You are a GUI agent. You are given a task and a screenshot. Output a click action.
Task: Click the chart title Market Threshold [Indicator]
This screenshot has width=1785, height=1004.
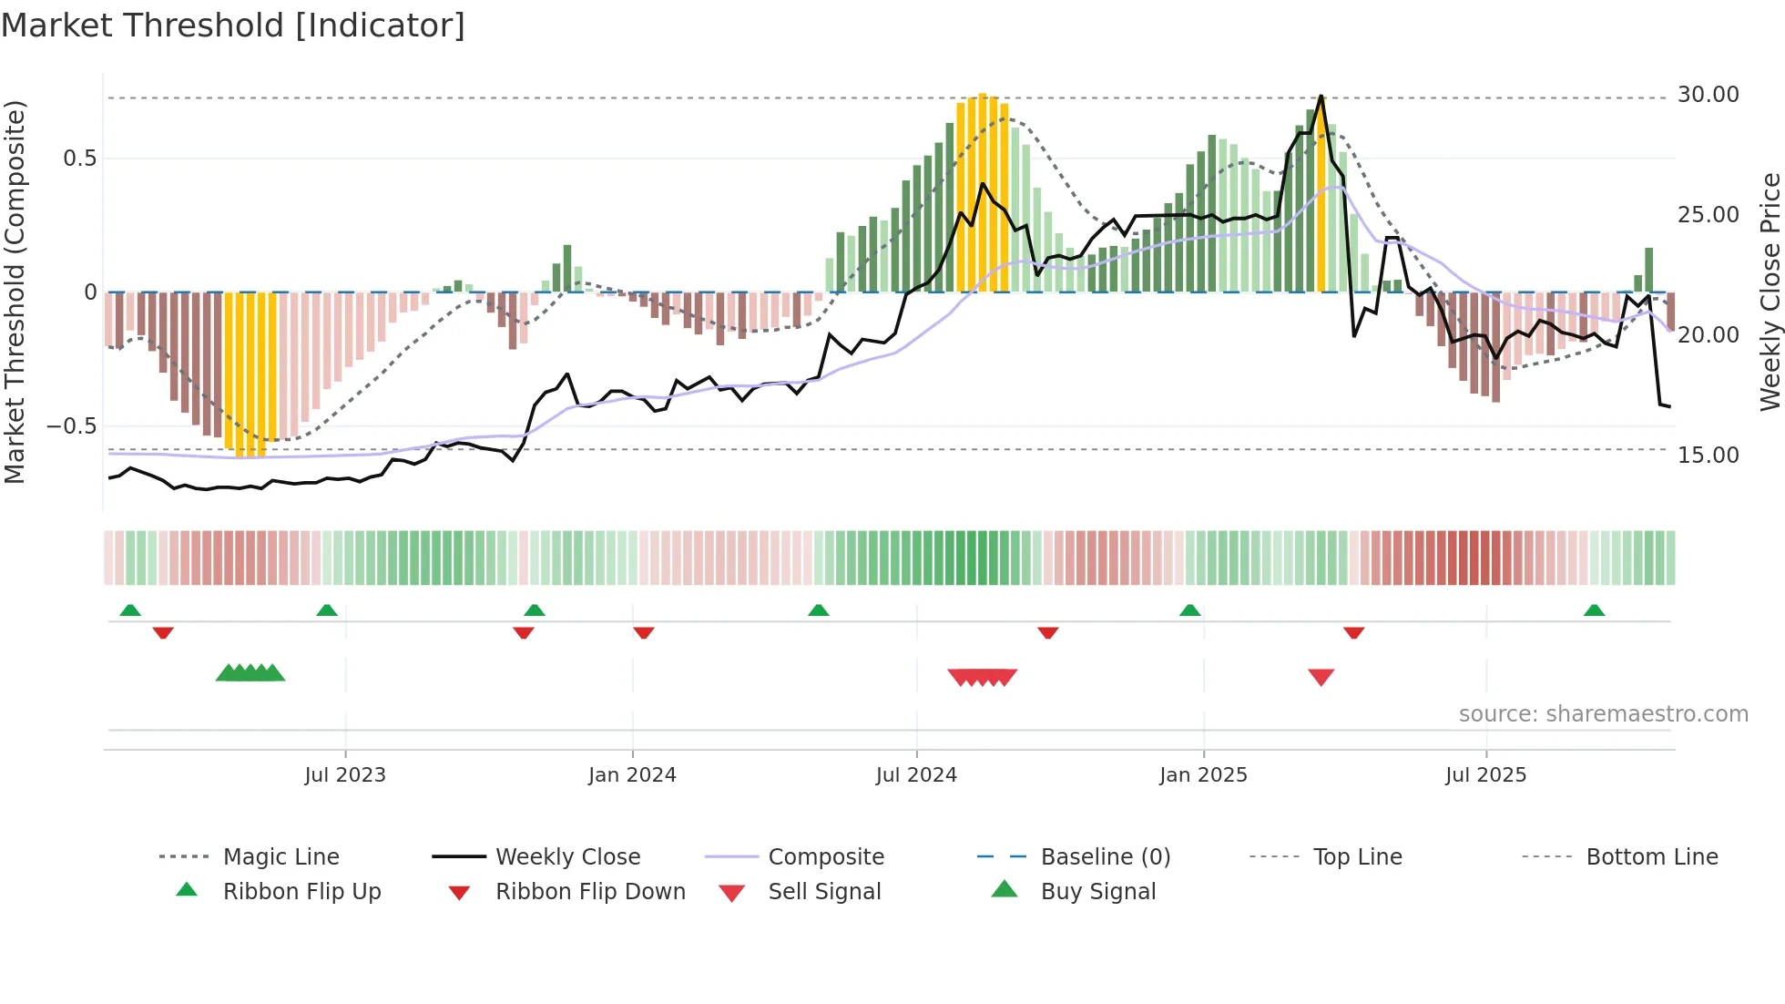click(233, 26)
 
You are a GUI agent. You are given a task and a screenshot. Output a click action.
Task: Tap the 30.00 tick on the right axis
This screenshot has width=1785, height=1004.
click(1708, 95)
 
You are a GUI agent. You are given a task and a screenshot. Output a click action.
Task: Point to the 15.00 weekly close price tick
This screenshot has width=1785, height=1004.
click(1708, 455)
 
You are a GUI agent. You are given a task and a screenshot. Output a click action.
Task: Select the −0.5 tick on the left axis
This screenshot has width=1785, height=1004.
click(71, 426)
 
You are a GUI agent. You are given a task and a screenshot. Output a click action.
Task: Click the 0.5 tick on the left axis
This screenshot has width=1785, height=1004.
click(79, 159)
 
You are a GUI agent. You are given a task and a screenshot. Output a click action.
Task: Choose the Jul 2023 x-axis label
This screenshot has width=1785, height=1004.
click(345, 775)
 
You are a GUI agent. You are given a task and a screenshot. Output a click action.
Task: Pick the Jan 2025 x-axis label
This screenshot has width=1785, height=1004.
click(1203, 775)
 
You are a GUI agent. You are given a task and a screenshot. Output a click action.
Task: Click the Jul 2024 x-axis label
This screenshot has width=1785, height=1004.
click(916, 775)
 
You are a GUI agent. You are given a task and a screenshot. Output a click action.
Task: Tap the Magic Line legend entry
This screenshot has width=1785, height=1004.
click(280, 857)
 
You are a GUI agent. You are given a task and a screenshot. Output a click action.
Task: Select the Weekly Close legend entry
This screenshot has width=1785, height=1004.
click(567, 857)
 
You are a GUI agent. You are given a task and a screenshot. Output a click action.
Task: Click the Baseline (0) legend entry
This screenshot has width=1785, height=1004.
click(1105, 857)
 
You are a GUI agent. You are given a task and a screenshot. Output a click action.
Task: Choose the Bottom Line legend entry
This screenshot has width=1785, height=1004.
click(1651, 857)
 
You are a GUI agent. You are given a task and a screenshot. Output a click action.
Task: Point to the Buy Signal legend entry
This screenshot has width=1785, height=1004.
click(1097, 892)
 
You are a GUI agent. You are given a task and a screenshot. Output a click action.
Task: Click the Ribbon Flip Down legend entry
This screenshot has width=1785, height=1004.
click(590, 892)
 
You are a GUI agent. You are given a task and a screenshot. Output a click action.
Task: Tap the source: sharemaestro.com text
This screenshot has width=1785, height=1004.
click(1603, 714)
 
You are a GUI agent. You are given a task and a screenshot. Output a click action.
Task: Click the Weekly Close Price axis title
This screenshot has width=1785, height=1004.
click(1770, 292)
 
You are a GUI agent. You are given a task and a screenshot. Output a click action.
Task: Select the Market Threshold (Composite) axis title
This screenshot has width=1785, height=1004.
click(15, 292)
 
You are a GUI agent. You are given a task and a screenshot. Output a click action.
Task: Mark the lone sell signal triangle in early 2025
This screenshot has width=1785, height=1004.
click(1321, 676)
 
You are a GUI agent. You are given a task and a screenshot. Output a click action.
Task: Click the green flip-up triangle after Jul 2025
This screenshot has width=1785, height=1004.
click(1594, 610)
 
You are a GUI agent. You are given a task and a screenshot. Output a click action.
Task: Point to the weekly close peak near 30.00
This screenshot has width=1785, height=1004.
click(1321, 97)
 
